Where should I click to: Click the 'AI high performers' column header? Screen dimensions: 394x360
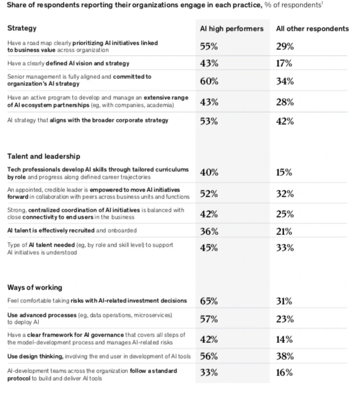click(x=231, y=28)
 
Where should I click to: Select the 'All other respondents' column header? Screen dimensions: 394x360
click(x=312, y=28)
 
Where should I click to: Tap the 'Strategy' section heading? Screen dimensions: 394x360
click(x=21, y=28)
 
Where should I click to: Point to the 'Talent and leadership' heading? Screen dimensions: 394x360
click(x=44, y=156)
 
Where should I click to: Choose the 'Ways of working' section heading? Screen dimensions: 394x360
click(x=34, y=287)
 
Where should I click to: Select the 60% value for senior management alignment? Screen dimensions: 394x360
click(x=209, y=81)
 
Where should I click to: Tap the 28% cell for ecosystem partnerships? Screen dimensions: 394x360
click(x=285, y=102)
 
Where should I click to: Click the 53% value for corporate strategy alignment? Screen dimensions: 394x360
click(x=209, y=121)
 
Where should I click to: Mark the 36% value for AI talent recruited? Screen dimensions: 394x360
click(x=209, y=231)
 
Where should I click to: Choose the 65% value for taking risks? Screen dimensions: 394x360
click(x=209, y=301)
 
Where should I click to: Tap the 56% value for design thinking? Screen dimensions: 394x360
click(x=209, y=356)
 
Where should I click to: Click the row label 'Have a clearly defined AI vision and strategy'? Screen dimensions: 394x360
click(x=68, y=63)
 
